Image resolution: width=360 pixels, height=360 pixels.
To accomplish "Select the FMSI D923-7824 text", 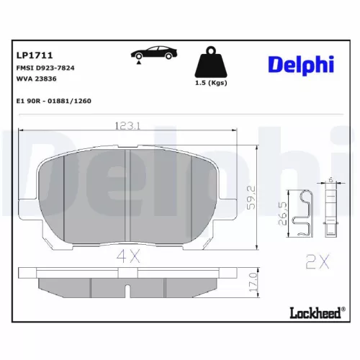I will click(45, 67).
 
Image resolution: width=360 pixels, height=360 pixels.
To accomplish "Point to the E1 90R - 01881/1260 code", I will click(53, 102).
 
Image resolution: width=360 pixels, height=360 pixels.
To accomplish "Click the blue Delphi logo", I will click(301, 64).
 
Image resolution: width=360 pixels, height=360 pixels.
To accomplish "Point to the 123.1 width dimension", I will click(128, 125).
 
